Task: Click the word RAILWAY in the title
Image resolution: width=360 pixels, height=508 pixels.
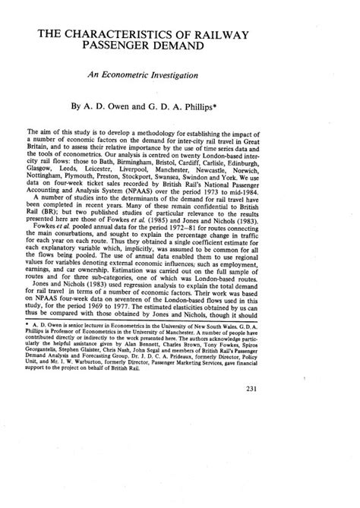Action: pos(275,35)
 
